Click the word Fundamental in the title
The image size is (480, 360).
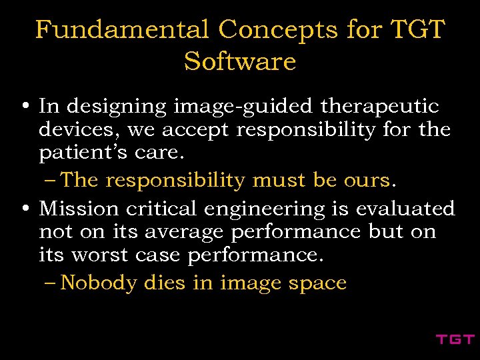click(122, 30)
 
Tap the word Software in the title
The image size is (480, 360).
click(240, 61)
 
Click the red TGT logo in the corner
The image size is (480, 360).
click(455, 339)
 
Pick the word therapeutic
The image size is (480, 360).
click(380, 107)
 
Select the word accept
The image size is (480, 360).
click(197, 129)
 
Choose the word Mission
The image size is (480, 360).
click(79, 209)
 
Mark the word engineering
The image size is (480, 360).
click(263, 210)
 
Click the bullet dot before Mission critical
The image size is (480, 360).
click(24, 209)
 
